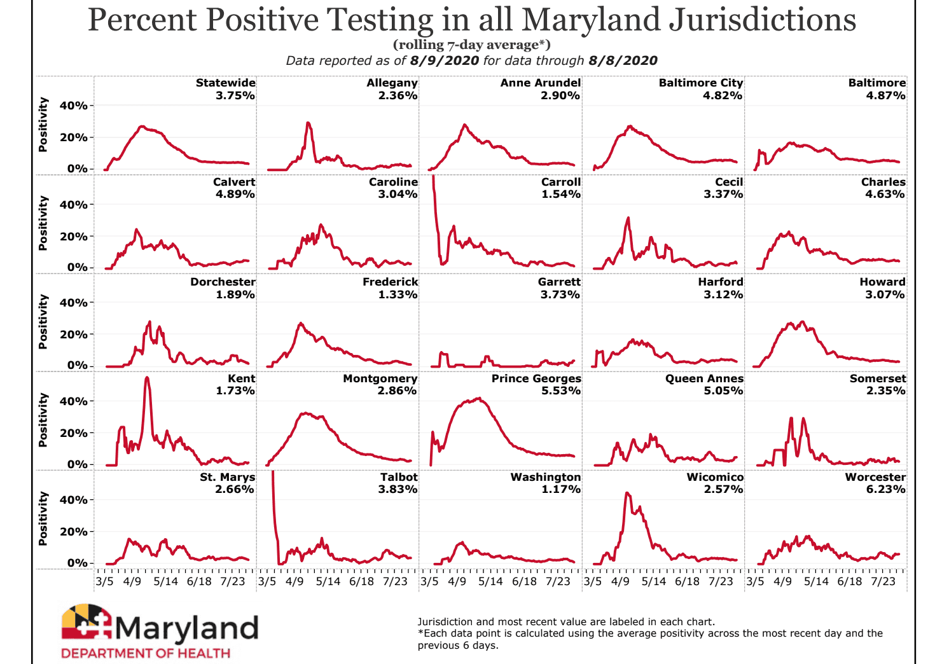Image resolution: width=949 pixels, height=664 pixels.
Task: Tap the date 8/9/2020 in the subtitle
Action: pos(444,60)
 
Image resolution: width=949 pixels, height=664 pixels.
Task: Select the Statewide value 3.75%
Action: pos(235,95)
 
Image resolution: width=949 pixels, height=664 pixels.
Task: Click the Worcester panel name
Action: pos(875,477)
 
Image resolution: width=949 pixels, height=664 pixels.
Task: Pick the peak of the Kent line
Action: pos(147,378)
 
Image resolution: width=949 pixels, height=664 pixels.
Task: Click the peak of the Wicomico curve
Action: pos(627,493)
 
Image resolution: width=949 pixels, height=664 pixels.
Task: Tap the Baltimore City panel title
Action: pos(700,83)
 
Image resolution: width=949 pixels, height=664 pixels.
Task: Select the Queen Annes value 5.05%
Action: pos(723,391)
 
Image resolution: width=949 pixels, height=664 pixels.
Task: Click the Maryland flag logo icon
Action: pos(87,621)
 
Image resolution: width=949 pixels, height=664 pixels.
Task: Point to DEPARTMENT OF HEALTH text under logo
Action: pos(146,653)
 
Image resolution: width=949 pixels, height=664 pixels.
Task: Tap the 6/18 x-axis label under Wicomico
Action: pos(687,581)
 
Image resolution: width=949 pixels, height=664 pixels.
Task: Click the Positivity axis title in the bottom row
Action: pos(43,518)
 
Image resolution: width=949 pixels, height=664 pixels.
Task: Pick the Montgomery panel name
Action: pos(380,378)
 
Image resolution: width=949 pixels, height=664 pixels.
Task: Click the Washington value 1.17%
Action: pos(560,489)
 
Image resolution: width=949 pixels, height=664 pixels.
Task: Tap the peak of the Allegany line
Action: pos(308,123)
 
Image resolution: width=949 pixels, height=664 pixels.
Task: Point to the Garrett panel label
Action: pos(559,282)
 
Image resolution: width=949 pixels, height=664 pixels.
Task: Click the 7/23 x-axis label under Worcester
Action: pos(883,581)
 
